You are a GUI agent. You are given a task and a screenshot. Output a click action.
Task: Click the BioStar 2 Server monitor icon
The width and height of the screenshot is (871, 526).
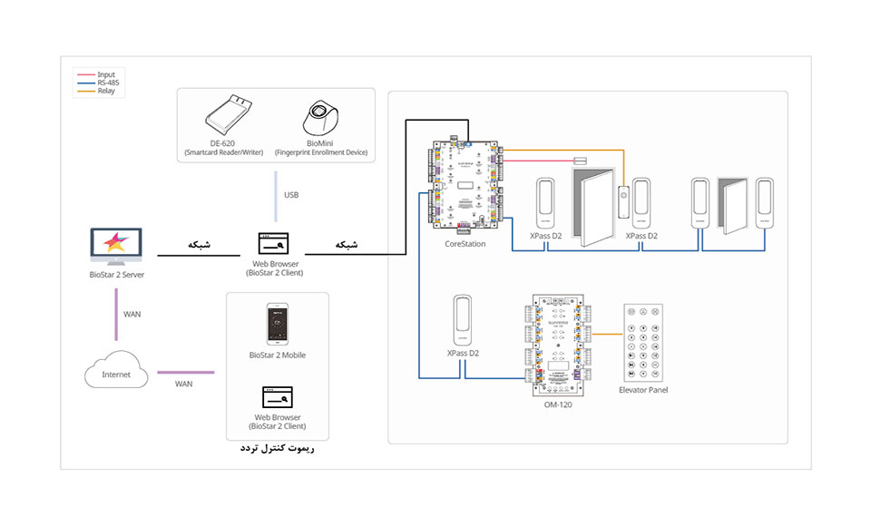pos(116,246)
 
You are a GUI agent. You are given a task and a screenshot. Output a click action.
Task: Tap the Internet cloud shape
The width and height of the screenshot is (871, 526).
pos(116,373)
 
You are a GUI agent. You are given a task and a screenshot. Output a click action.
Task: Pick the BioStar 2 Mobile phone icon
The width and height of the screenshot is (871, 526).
pos(279,325)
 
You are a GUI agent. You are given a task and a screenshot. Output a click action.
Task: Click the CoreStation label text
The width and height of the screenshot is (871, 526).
pos(465,244)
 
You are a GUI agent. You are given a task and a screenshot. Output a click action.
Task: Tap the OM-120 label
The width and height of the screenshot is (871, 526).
pos(557,405)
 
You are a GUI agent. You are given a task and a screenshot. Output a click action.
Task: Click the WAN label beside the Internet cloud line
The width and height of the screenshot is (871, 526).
pos(184,384)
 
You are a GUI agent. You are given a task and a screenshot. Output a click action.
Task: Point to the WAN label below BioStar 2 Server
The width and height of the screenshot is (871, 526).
pos(132,315)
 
